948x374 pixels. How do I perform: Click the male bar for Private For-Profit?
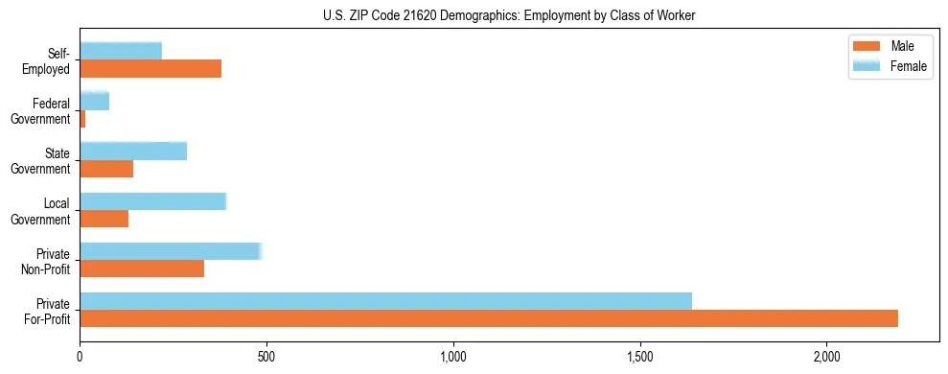click(x=489, y=318)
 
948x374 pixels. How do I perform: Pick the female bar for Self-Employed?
click(x=121, y=51)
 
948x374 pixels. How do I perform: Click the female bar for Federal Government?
click(x=94, y=101)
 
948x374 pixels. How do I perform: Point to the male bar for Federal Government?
click(x=82, y=118)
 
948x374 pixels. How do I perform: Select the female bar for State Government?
click(x=133, y=151)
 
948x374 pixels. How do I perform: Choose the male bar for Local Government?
click(x=104, y=219)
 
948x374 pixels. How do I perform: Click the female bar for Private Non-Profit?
click(x=170, y=251)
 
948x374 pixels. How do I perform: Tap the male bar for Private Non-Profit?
click(x=142, y=269)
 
